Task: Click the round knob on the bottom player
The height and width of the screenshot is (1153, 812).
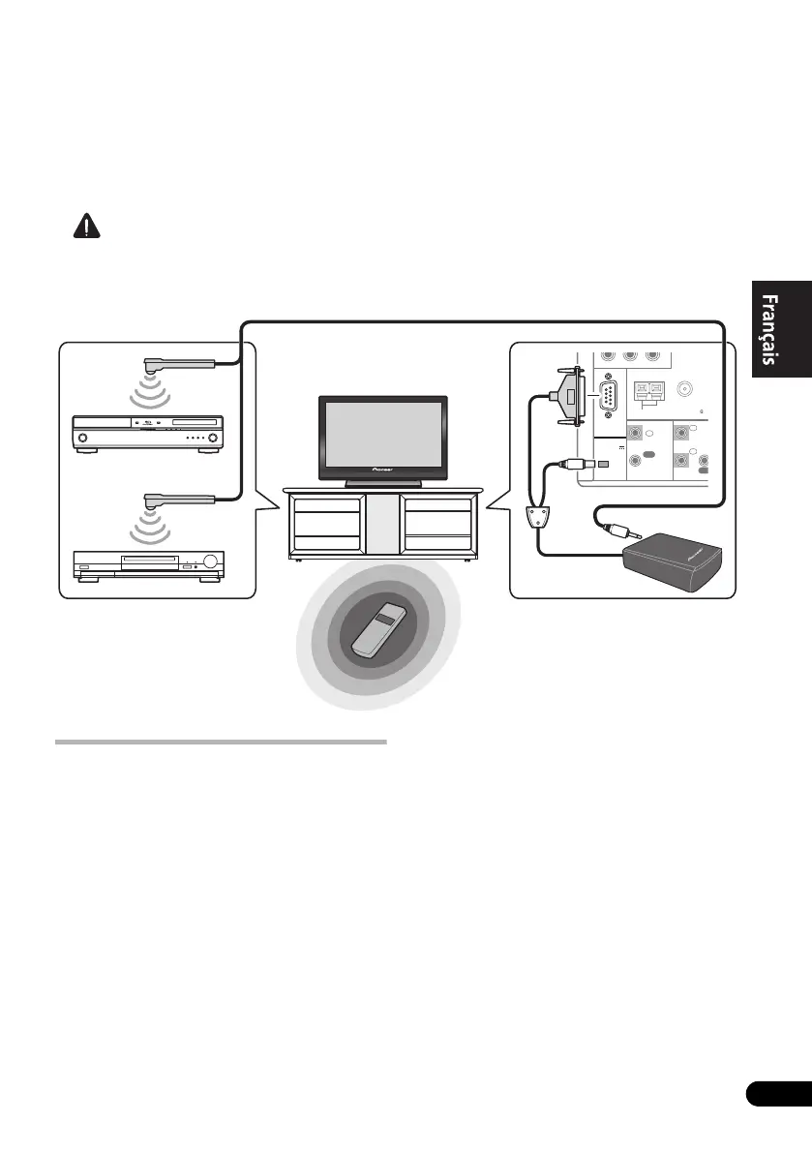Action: tap(209, 562)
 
